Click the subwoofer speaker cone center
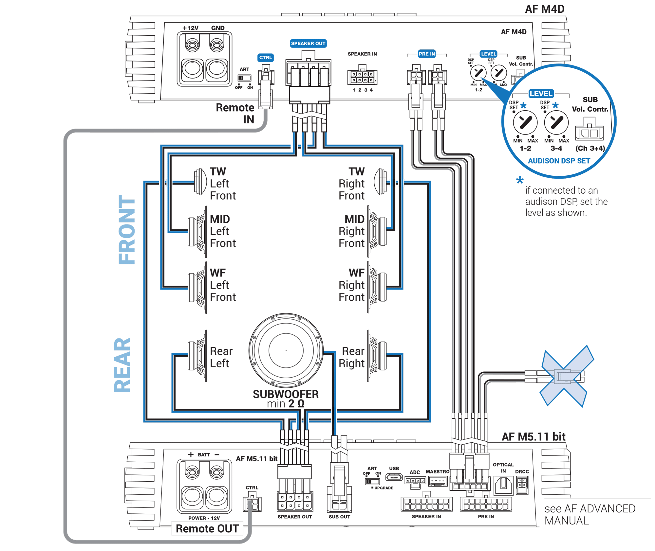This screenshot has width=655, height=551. click(286, 350)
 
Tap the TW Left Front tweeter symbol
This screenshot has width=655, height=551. click(200, 182)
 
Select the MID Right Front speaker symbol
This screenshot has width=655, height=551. click(377, 231)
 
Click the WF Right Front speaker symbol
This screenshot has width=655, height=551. click(377, 287)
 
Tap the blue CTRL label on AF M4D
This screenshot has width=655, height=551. click(265, 58)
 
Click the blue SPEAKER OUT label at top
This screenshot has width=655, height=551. click(308, 44)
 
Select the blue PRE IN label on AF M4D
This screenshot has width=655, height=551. click(427, 54)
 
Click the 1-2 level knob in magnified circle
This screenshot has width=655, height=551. click(525, 123)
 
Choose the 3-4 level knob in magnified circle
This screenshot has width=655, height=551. click(556, 123)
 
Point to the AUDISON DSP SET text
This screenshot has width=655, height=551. click(559, 161)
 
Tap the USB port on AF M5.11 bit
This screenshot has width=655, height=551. click(394, 477)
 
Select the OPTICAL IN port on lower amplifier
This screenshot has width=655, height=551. click(503, 485)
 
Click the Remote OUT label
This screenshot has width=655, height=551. click(207, 528)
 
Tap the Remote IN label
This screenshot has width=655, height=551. click(236, 113)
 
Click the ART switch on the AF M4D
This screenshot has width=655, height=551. click(244, 78)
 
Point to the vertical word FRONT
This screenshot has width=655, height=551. click(127, 229)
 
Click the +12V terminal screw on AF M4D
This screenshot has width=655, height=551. click(192, 44)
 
